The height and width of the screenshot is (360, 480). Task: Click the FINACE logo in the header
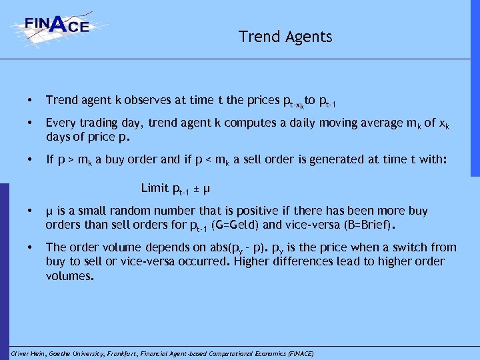coord(59,26)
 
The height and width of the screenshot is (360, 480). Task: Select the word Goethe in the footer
coord(63,353)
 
